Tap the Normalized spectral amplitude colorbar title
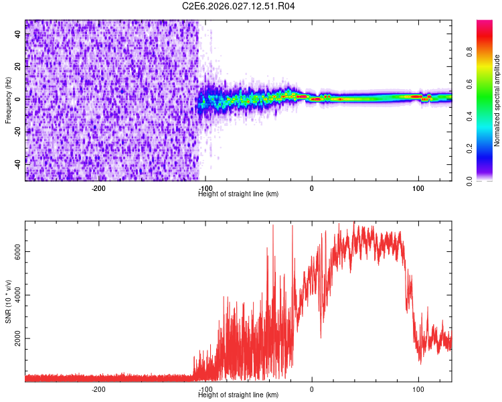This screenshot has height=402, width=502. [x=497, y=100]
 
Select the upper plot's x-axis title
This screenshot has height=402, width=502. [x=238, y=194]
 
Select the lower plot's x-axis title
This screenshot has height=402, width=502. [x=238, y=395]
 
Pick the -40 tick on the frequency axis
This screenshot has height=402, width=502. [x=18, y=163]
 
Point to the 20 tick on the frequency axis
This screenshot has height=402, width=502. [x=18, y=66]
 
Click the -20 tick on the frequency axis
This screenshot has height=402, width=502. [x=18, y=131]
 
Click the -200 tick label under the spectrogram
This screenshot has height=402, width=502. [x=98, y=188]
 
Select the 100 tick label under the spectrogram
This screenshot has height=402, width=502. [x=418, y=188]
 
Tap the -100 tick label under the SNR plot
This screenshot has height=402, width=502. [x=205, y=389]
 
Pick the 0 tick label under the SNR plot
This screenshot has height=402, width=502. [x=311, y=389]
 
